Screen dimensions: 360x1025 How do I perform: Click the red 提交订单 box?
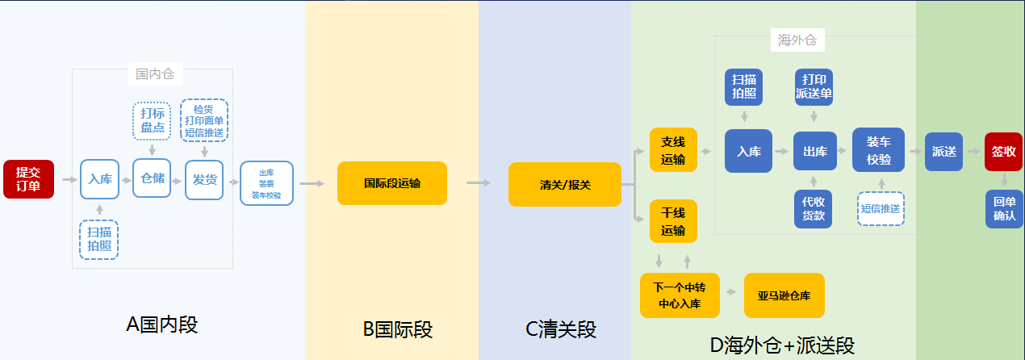coord(29,179)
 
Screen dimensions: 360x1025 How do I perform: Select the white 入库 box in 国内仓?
coord(100,179)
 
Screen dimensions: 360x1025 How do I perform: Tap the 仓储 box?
coord(152,178)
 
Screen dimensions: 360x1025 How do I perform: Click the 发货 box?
coord(204,179)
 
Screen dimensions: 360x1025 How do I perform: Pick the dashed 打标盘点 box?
coord(152,119)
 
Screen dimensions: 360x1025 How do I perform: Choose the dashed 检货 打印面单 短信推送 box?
coord(204,120)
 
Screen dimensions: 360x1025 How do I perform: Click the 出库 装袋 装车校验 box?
coord(266,183)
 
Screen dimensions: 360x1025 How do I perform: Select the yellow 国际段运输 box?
coord(391,183)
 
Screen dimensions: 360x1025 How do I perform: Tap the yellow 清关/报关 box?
coord(565,184)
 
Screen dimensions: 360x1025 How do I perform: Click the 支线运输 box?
coord(673,150)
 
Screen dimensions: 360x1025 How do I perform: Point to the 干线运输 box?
coord(673,221)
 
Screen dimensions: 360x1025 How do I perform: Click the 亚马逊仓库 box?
coord(784,295)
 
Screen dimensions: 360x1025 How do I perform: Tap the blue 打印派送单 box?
coord(814,86)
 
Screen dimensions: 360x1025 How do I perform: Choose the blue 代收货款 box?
coord(814,208)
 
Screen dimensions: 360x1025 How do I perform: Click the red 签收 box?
coord(1003,152)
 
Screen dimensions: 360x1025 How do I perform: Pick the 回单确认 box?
coord(1004,209)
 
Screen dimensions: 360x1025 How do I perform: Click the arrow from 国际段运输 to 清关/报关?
coord(478,183)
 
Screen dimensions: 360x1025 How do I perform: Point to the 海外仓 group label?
coord(797,40)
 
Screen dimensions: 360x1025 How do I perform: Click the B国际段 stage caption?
coord(397,329)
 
